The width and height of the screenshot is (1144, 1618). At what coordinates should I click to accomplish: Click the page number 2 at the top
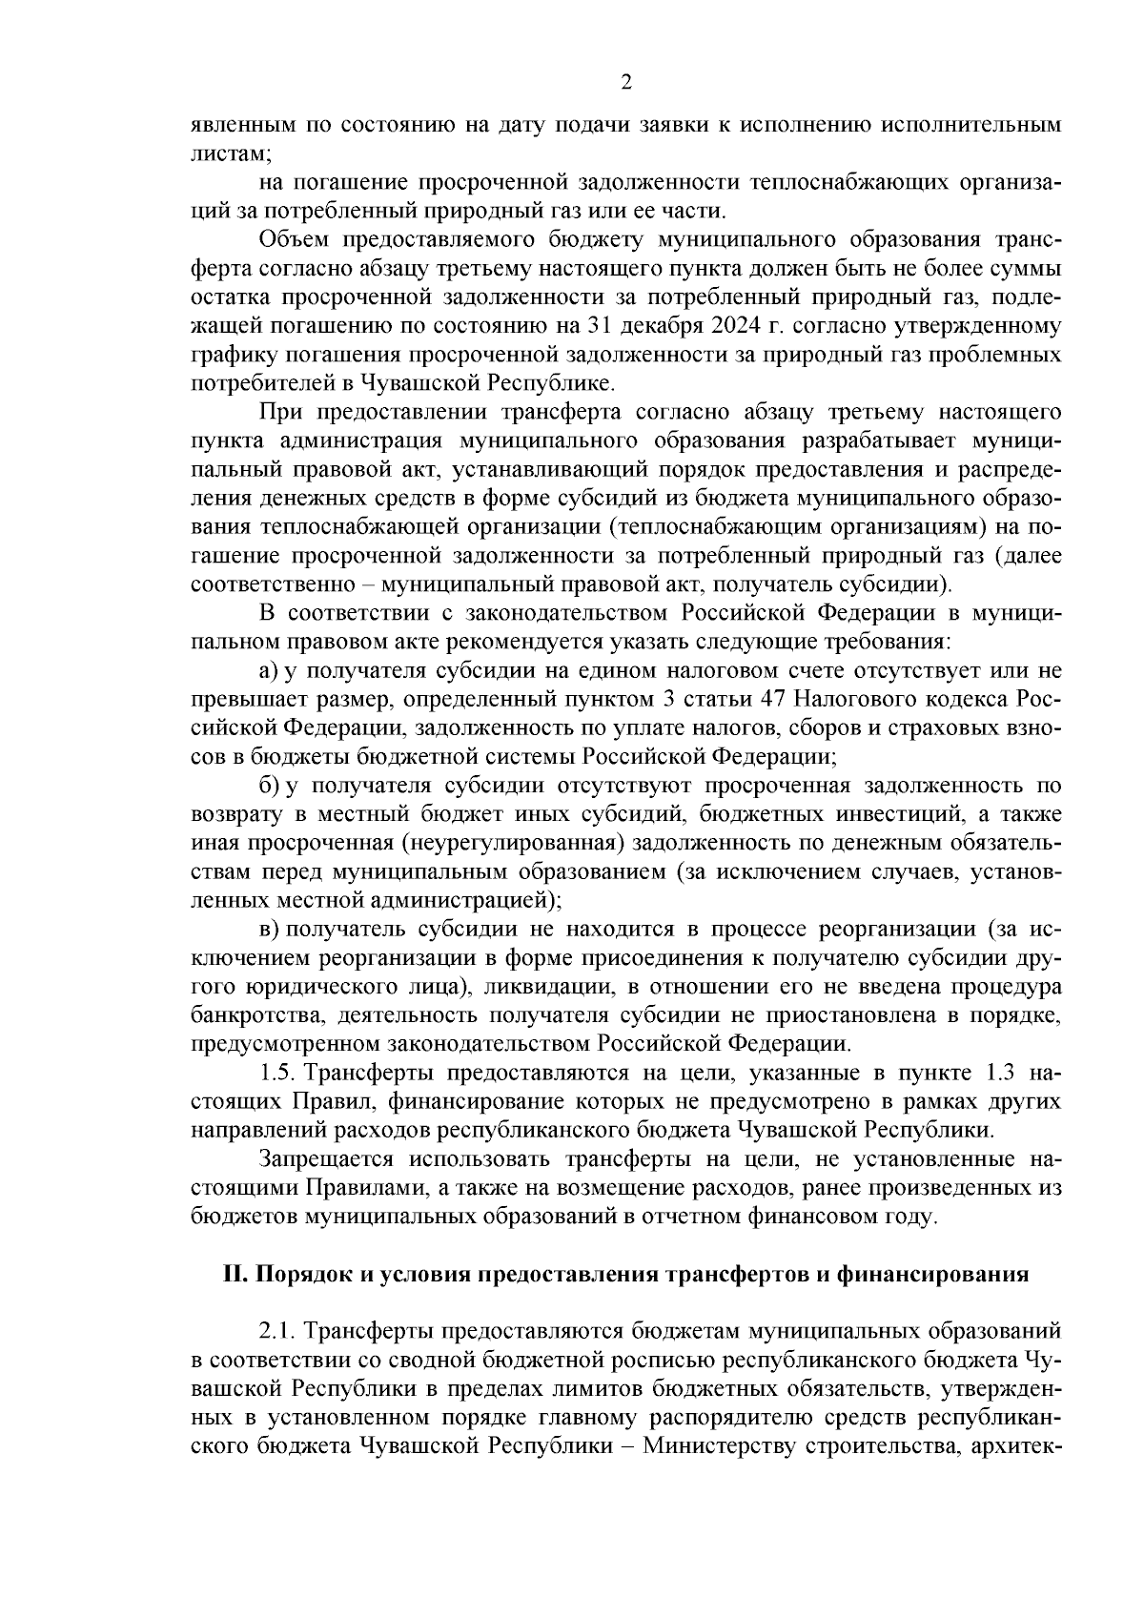(x=625, y=82)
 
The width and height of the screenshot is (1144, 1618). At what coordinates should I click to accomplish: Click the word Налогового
(x=856, y=700)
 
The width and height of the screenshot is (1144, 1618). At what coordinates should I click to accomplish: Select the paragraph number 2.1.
(x=276, y=1329)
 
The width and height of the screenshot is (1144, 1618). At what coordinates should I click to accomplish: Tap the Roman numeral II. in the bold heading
(x=235, y=1275)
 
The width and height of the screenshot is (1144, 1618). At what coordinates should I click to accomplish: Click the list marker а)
(x=268, y=671)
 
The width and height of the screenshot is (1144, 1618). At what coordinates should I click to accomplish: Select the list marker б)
(x=268, y=786)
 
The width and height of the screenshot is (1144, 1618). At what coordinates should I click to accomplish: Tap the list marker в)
(x=268, y=929)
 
